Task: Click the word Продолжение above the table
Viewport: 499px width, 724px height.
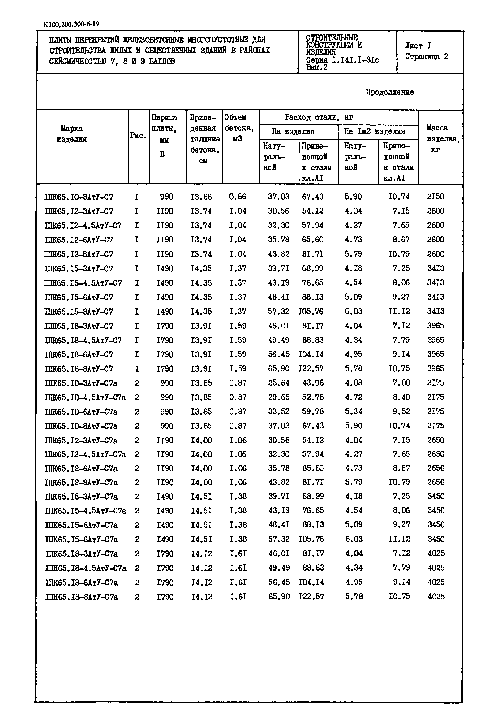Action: (x=390, y=92)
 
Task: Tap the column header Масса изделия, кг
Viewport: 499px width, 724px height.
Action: (x=440, y=139)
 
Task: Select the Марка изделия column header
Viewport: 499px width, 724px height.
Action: (x=72, y=134)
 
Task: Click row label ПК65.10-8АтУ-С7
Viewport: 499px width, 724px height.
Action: (x=79, y=197)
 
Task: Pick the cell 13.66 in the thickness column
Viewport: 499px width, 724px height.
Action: (x=201, y=197)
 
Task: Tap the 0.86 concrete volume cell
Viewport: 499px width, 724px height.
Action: (x=238, y=197)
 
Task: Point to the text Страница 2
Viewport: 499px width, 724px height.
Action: (x=427, y=57)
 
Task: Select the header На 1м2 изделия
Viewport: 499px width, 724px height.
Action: (x=375, y=132)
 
